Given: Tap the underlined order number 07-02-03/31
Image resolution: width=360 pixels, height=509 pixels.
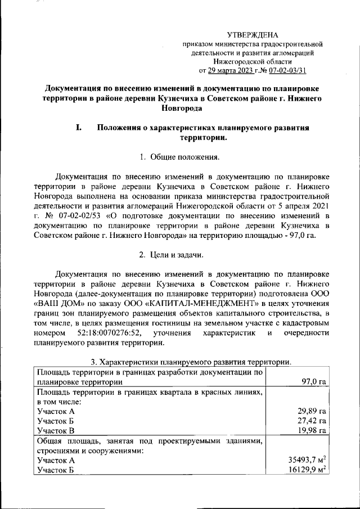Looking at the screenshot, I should click(287, 70).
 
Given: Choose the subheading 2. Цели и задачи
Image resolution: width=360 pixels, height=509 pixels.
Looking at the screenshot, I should click(172, 256).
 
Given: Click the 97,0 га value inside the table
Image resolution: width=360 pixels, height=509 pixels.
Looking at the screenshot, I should click(314, 382).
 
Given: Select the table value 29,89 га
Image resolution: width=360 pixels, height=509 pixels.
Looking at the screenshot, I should click(312, 412).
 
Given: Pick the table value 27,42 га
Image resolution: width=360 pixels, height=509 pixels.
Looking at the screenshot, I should click(312, 421).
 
